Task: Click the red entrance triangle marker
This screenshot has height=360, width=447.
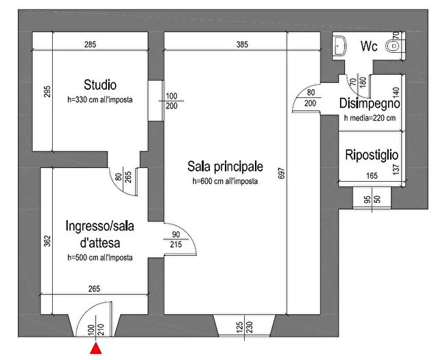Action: click(97, 350)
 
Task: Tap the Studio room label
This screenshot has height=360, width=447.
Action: click(100, 85)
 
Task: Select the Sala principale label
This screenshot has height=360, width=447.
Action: click(225, 167)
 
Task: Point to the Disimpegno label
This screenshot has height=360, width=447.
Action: click(370, 104)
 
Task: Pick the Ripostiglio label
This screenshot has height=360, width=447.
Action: click(372, 154)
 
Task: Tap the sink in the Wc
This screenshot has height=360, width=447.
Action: click(339, 45)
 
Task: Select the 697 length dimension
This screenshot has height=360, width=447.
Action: click(280, 174)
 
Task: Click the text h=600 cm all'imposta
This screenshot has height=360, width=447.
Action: click(225, 181)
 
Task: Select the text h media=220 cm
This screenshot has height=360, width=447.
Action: click(370, 117)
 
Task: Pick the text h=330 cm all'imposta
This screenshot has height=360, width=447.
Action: click(100, 99)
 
